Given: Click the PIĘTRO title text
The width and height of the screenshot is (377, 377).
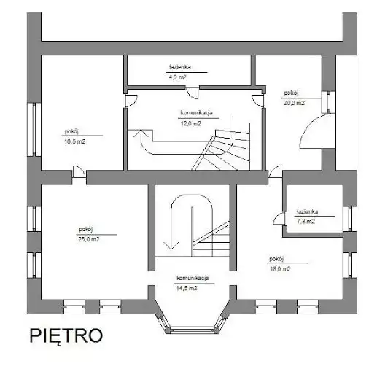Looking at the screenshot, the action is pyautogui.click(x=66, y=336).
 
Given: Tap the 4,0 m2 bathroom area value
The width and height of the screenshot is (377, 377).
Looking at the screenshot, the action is pyautogui.click(x=177, y=77).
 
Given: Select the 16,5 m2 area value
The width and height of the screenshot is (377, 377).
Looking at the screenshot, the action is pyautogui.click(x=75, y=141).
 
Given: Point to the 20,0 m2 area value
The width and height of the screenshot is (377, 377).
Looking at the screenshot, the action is pyautogui.click(x=294, y=103).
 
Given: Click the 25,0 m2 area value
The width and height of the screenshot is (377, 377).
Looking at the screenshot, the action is pyautogui.click(x=89, y=239).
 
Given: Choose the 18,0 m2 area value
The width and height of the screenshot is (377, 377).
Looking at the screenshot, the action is pyautogui.click(x=280, y=269).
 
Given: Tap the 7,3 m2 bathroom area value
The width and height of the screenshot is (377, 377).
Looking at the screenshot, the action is pyautogui.click(x=306, y=222).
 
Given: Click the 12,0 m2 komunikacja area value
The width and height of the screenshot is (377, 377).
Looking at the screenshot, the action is pyautogui.click(x=191, y=123).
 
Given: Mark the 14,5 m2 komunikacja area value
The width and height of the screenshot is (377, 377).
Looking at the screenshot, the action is pyautogui.click(x=187, y=289).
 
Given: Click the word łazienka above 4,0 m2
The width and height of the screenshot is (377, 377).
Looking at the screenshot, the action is pyautogui.click(x=180, y=67).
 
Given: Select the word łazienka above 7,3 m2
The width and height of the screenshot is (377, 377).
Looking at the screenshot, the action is pyautogui.click(x=307, y=211).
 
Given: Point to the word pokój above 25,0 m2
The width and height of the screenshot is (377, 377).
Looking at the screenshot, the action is pyautogui.click(x=86, y=229).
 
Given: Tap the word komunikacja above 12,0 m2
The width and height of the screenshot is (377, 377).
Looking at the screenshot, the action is pyautogui.click(x=196, y=113).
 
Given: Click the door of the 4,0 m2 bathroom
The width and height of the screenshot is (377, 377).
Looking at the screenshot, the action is pyautogui.click(x=193, y=93).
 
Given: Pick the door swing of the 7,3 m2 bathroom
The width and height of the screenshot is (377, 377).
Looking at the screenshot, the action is pyautogui.click(x=279, y=218).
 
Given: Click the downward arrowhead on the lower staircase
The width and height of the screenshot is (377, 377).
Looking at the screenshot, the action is pyautogui.click(x=171, y=246).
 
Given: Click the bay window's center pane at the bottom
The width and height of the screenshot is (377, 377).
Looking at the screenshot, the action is pyautogui.click(x=191, y=330).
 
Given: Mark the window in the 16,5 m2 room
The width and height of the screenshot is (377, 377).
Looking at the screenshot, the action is pyautogui.click(x=34, y=129).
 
